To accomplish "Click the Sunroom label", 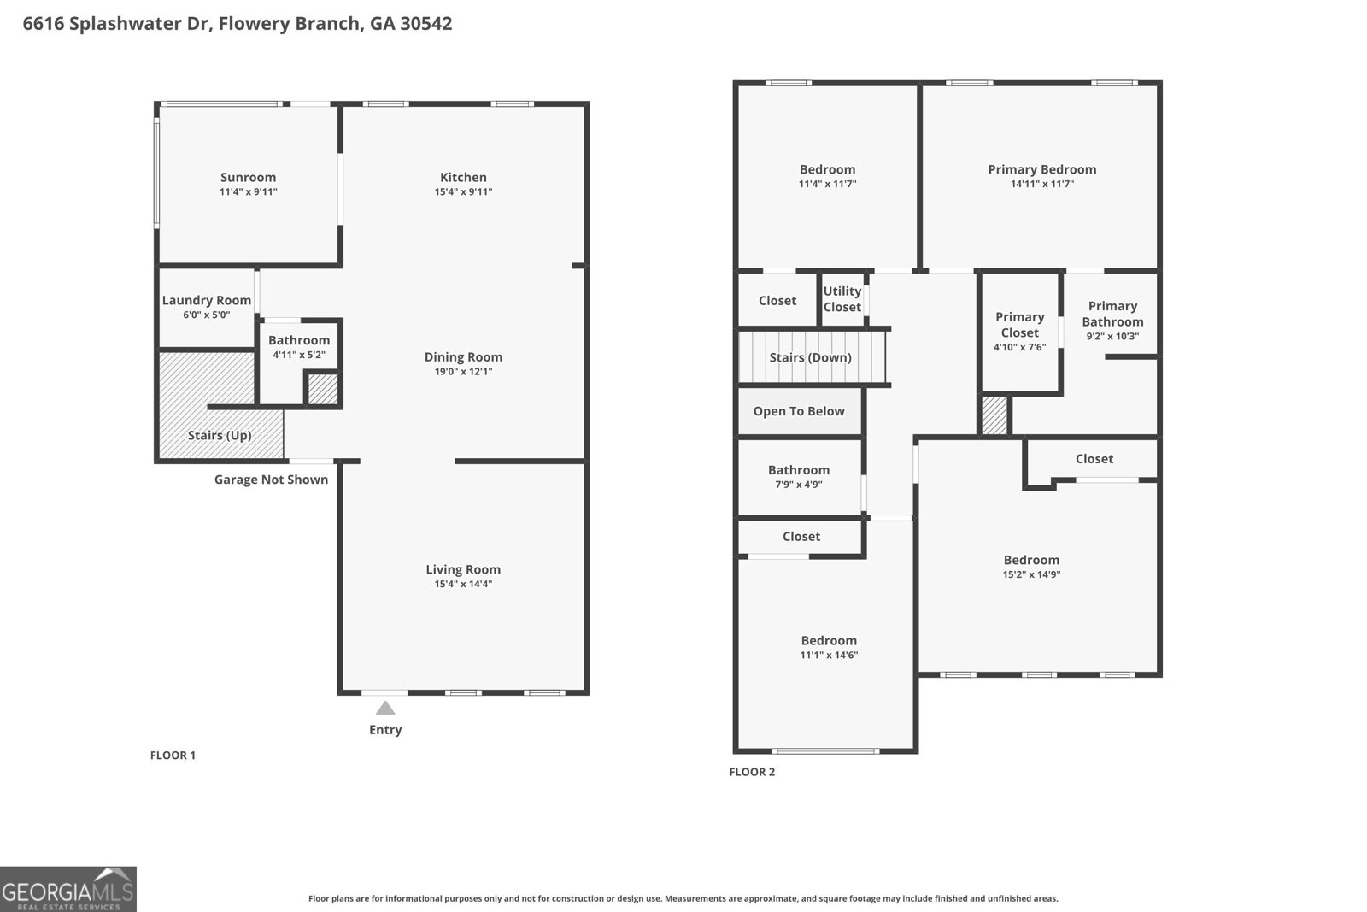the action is pos(248,177).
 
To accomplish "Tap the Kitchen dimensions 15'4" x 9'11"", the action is pos(463,191).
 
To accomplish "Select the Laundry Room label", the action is pos(206,300).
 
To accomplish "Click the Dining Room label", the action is pos(463,357).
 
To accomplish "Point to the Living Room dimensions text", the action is pos(463,584).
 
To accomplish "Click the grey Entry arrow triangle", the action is pos(385,708).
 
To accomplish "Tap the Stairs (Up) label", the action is pos(220,435).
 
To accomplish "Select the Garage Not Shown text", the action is pos(271,480).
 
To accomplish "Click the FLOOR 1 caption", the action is pos(173,755).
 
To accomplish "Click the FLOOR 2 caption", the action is pos(752,772).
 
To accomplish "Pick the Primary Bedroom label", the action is pos(1041,170).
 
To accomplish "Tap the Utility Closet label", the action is pos(842,299).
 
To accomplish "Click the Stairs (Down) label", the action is pos(811,358).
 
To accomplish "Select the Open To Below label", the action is pos(799,411).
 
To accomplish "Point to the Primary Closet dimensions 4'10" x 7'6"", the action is pos(1020,347).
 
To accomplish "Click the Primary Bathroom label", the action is pos(1112,314).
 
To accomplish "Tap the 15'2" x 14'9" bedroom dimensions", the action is pos(1031,574).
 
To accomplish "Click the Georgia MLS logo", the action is pos(67,889).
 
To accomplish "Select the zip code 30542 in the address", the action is pos(426,24).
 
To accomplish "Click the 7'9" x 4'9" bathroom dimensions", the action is pos(799,485).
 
